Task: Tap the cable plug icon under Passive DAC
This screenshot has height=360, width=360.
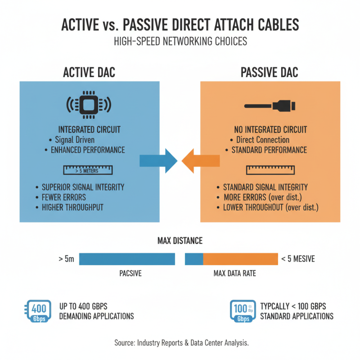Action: (x=270, y=107)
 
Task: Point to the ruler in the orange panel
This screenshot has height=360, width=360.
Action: (x=270, y=170)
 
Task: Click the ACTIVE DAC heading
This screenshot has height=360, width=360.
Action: (x=89, y=72)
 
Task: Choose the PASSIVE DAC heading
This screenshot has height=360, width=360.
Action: (x=270, y=72)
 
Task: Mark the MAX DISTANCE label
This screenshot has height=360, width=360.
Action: (x=180, y=241)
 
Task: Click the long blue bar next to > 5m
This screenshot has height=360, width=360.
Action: (x=127, y=259)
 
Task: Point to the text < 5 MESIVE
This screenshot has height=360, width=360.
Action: (x=298, y=259)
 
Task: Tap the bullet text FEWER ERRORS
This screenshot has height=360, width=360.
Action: (x=64, y=197)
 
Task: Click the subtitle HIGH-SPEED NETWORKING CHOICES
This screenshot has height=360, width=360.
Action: (x=180, y=42)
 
